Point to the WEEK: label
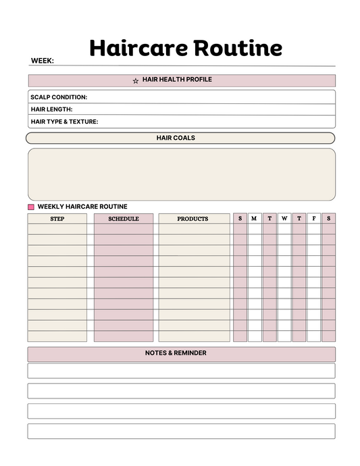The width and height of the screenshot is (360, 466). (42, 61)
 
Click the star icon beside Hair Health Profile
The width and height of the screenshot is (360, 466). (136, 81)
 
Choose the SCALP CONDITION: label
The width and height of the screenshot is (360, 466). (59, 97)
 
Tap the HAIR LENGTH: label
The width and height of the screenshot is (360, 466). (51, 109)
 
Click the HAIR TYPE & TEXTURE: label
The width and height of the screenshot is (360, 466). (64, 122)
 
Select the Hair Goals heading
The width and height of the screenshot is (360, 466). (176, 138)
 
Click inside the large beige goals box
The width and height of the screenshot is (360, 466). (181, 174)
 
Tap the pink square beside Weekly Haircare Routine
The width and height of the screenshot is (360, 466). (31, 207)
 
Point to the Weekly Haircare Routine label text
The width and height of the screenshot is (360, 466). (82, 207)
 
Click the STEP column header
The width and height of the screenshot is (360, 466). (57, 219)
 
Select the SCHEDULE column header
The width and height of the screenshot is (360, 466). (124, 219)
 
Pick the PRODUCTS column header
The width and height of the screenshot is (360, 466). (193, 219)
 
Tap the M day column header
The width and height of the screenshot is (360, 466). (254, 219)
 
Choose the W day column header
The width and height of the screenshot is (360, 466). (284, 219)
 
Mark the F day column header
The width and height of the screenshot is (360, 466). (314, 219)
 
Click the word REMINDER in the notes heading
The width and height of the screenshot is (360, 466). (190, 353)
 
